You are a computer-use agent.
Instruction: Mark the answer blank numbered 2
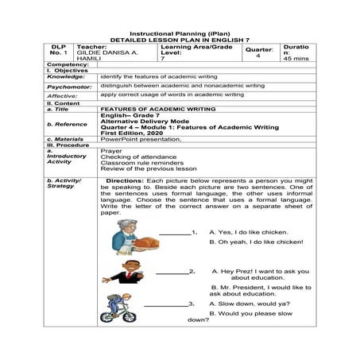click(176, 272)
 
